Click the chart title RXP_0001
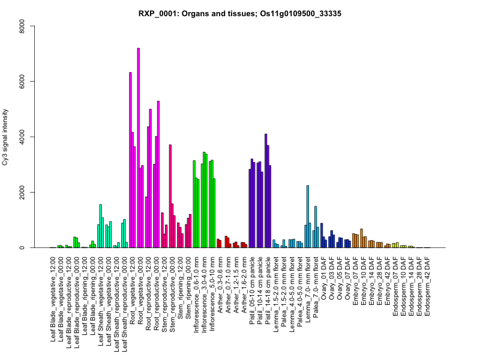click(x=240, y=13)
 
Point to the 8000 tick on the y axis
click(x=21, y=26)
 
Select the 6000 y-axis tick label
click(x=21, y=81)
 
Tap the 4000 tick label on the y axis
click(x=21, y=137)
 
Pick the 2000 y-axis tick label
click(x=21, y=193)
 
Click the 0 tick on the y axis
click(x=21, y=248)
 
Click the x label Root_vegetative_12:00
click(x=133, y=288)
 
